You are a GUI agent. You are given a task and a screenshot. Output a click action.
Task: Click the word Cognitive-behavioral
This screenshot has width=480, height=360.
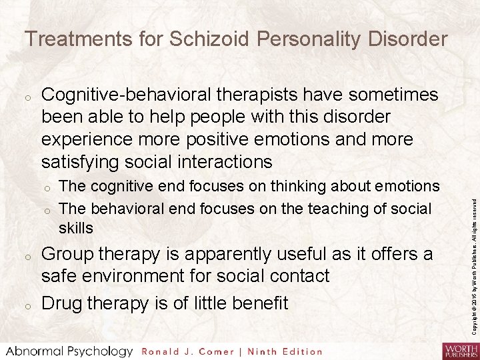pos(127,95)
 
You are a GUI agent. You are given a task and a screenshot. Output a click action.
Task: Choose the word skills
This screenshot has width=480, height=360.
pos(76,228)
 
